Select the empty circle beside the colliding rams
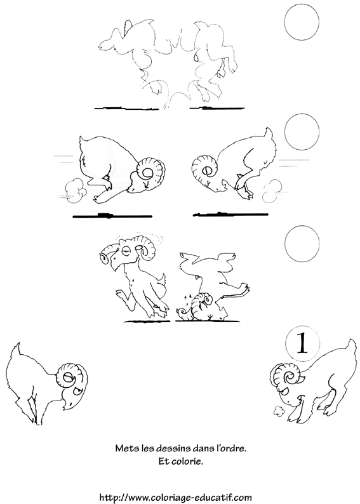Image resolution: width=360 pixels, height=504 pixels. (x=302, y=23)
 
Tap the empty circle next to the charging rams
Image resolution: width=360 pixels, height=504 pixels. (x=302, y=135)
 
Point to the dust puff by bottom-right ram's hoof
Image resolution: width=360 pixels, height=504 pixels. (x=277, y=410)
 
